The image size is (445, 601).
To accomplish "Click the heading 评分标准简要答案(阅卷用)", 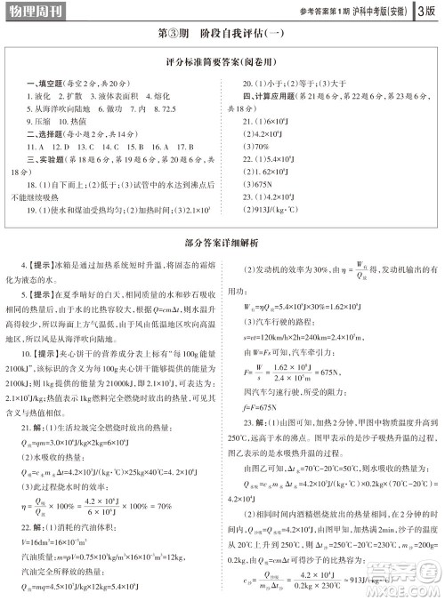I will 222,65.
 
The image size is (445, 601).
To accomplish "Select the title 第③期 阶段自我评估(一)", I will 222,35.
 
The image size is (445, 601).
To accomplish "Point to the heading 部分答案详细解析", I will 222,240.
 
